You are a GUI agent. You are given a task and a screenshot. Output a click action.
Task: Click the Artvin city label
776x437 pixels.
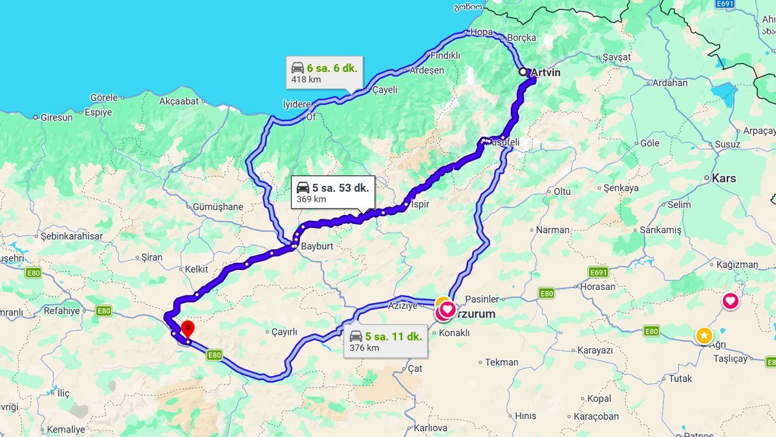coord(545,73)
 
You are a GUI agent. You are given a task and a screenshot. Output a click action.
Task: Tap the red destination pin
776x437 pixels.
coord(188,329)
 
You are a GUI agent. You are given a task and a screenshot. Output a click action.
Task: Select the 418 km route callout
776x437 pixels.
coord(324,73)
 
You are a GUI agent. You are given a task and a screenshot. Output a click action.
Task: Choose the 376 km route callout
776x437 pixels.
coord(385,341)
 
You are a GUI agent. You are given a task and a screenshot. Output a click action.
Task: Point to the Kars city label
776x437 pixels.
coord(724,178)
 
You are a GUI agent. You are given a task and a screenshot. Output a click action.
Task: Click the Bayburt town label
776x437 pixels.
coord(316,246)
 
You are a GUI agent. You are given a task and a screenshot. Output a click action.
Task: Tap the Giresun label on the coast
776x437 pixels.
coord(57,117)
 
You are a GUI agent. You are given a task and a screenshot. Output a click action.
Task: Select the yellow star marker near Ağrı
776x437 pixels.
coord(704,335)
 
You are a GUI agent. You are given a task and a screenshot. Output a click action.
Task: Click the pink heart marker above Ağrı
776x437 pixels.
coord(730,301)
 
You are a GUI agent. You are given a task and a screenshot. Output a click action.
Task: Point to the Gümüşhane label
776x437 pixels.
coord(218,207)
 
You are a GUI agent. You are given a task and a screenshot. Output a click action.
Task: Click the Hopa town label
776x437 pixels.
coord(482,32)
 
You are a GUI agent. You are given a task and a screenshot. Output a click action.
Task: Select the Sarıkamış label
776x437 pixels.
coord(660,230)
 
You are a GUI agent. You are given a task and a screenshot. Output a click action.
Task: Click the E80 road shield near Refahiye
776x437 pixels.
coord(103,311)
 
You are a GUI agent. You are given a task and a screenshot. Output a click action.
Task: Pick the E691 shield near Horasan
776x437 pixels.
coord(599,272)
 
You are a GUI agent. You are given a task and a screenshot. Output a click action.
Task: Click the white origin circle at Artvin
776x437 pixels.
coord(523,72)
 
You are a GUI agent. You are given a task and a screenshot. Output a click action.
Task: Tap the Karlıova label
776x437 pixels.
coord(431,428)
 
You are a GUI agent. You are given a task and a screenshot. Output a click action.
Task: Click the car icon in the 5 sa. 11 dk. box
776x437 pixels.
coord(356,336)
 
